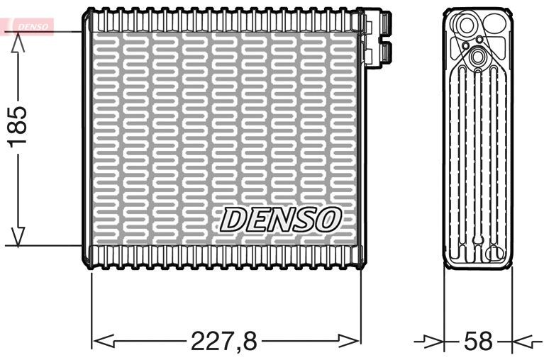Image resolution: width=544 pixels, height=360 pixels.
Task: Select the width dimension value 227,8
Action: coord(224,341)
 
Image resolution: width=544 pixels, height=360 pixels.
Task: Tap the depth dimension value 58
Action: coord(477,341)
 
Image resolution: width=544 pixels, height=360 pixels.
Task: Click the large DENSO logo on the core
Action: coord(281,219)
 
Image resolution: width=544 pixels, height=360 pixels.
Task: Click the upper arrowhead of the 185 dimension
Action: coord(18,44)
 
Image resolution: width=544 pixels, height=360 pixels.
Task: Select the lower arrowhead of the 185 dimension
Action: coord(18,235)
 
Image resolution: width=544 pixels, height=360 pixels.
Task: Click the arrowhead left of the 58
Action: coord(433,341)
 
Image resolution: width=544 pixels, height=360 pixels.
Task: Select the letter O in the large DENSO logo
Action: coord(328,219)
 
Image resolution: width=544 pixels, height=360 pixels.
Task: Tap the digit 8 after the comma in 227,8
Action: coord(248,341)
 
